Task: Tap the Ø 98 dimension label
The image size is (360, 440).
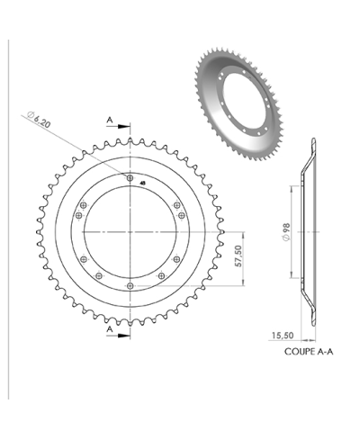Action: pyautogui.click(x=285, y=232)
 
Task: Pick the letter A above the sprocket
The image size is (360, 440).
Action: pyautogui.click(x=110, y=118)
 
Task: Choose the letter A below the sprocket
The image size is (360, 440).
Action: pyautogui.click(x=110, y=330)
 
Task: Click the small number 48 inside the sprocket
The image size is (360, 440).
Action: pyautogui.click(x=142, y=178)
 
